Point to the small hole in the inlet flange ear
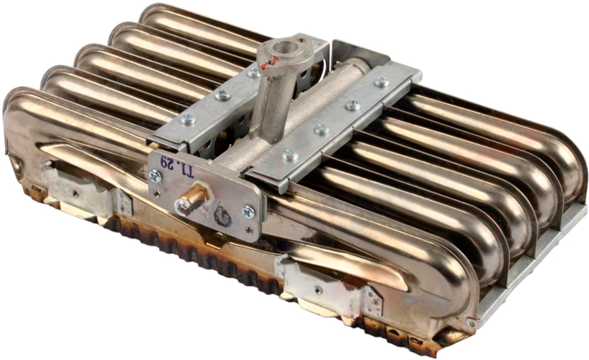coord(299,38)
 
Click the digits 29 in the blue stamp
coord(166,162)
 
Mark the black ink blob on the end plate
coord(223,217)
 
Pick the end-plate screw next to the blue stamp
coord(154,176)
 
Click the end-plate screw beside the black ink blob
coord(248,211)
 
